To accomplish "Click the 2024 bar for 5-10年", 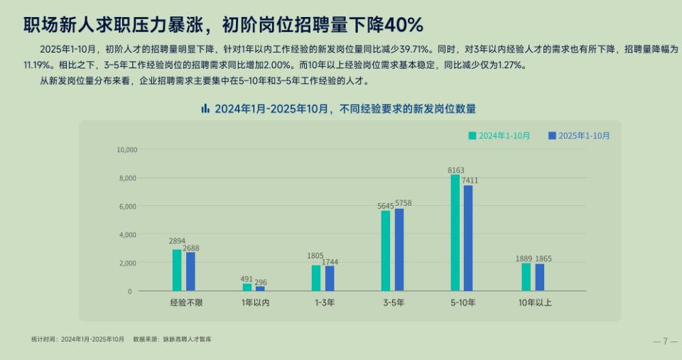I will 455,233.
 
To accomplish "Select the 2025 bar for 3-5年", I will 399,250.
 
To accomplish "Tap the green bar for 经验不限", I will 177,270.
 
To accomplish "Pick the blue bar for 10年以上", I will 540,277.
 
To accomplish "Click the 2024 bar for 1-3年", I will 316,278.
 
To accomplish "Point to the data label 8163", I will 456,170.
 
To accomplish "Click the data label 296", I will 261,282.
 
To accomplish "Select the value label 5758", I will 404,204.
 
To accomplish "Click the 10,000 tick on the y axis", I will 126,150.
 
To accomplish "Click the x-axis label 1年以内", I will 256,302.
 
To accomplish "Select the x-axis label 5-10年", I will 464,302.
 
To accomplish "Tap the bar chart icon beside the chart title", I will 205,109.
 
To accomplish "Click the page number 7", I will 665,342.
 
